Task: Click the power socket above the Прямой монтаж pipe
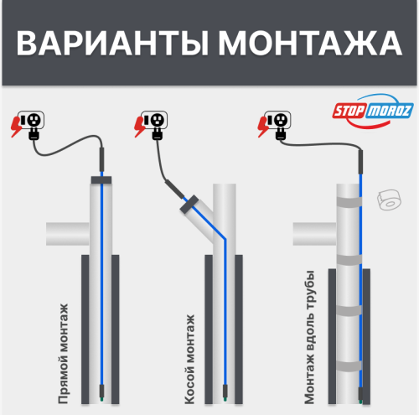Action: click(34, 123)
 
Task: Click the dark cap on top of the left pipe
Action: click(100, 180)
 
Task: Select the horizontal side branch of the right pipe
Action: click(312, 233)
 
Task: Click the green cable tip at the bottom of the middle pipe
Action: click(225, 389)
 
